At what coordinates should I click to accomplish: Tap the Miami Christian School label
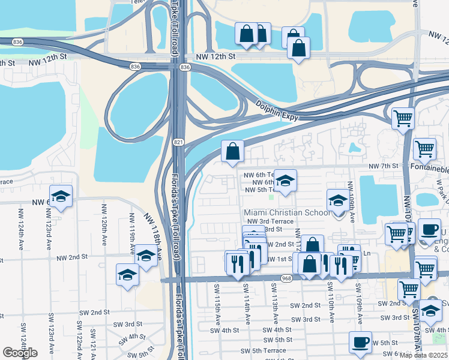click(287, 212)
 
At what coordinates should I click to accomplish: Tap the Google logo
click(20, 353)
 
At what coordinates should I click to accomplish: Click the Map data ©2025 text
click(424, 355)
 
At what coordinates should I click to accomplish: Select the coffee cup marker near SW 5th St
click(360, 341)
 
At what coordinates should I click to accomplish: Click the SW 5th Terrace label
click(264, 350)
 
